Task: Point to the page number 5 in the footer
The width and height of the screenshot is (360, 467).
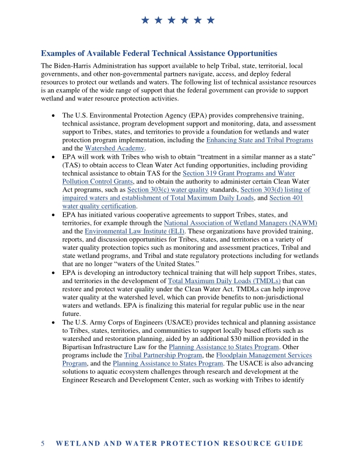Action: pos(43,444)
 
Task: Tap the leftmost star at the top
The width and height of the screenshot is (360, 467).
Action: pos(145,21)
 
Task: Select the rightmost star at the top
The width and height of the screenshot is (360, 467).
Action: pos(211,21)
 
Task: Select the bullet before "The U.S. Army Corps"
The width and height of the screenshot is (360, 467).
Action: pos(54,323)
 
